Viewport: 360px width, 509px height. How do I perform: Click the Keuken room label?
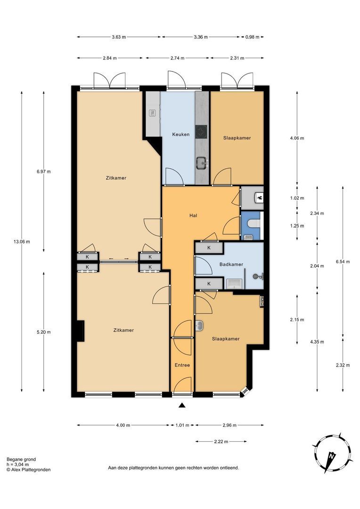(x=181, y=134)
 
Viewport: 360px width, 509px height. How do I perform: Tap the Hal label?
(x=194, y=215)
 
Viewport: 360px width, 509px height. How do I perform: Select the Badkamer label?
(x=231, y=264)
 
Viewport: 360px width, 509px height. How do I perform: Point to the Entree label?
(x=182, y=365)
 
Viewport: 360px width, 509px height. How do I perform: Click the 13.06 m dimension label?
(x=22, y=241)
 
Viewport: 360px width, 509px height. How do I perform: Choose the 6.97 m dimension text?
(x=43, y=172)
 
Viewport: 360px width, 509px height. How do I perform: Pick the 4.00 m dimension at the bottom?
(x=123, y=425)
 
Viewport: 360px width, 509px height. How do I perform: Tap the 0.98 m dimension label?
(x=252, y=37)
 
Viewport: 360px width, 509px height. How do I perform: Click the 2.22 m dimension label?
(x=221, y=442)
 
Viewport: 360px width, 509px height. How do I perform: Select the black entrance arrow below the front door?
(x=182, y=405)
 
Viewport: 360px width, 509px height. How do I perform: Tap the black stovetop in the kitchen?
(x=201, y=132)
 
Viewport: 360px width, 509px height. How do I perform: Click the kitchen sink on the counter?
(x=203, y=162)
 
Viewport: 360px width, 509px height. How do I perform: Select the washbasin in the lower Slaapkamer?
(x=199, y=326)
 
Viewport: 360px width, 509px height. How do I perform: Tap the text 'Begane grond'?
(x=21, y=460)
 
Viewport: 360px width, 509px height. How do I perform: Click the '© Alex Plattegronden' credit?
(x=29, y=469)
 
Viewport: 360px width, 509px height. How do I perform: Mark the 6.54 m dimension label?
(x=343, y=262)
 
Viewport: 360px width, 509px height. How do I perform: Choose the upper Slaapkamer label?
(x=237, y=138)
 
